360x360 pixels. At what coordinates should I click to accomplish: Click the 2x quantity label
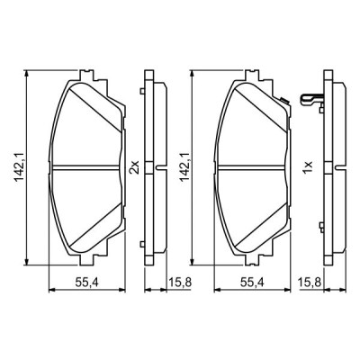[x=134, y=166]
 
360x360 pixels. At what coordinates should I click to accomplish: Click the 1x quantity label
[x=306, y=166]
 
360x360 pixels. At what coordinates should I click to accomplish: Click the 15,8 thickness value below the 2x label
[x=177, y=283]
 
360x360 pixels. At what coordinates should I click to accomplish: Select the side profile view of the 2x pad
[x=154, y=166]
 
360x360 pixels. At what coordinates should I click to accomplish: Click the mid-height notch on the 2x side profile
[x=161, y=167]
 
